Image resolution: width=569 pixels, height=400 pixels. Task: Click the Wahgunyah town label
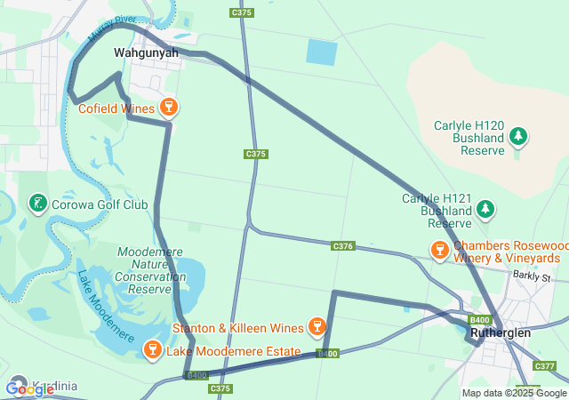(146, 52)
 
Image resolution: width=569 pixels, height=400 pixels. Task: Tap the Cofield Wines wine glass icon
(169, 108)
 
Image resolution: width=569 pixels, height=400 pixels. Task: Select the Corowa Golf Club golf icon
(37, 204)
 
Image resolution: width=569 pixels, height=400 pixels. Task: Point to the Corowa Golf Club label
(100, 204)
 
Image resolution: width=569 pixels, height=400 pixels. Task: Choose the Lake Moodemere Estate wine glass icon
(153, 352)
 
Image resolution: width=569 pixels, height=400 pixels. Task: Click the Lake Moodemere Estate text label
(234, 352)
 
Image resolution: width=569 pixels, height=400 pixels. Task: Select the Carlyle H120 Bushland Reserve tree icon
(518, 137)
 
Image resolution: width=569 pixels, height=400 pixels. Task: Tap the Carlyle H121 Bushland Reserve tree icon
(485, 210)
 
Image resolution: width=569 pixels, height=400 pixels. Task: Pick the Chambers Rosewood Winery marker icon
(439, 252)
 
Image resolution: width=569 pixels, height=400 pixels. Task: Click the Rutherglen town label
(501, 332)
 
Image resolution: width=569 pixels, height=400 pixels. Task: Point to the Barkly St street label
(533, 277)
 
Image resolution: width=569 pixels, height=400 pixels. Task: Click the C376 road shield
(344, 246)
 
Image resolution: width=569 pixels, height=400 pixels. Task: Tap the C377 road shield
(545, 366)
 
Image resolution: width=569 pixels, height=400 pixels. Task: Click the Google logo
(29, 388)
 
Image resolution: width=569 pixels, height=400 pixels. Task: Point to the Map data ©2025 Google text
(513, 393)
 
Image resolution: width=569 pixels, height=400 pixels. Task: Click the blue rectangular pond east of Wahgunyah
(322, 52)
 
